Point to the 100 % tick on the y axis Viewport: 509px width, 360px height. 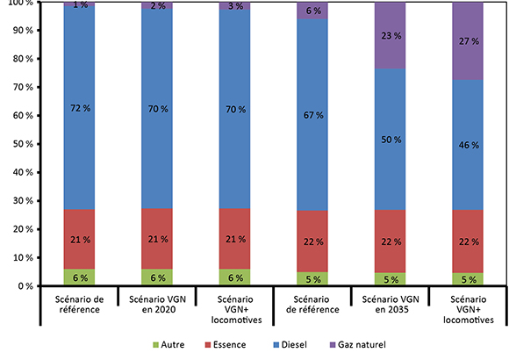click(x=18, y=4)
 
